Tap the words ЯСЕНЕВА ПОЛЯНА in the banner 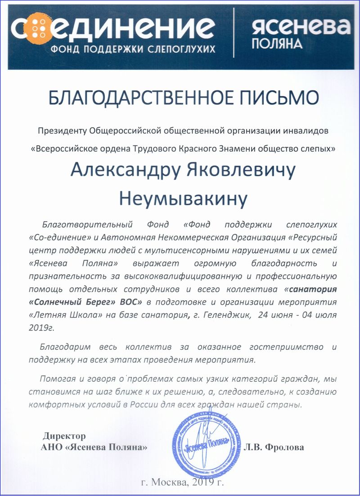click(x=300, y=35)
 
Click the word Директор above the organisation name click(x=64, y=436)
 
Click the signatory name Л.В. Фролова click(x=274, y=447)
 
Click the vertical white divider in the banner click(x=233, y=35)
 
